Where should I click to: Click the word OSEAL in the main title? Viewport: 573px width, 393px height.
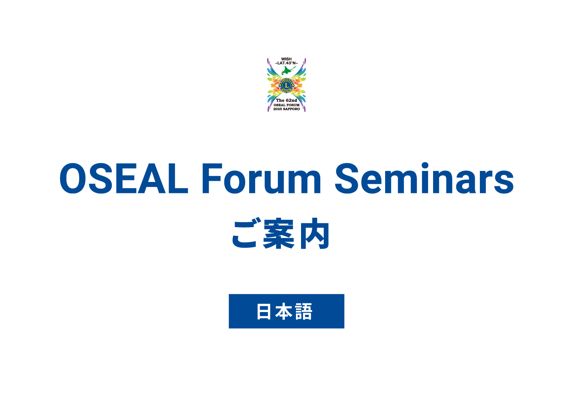[x=124, y=178]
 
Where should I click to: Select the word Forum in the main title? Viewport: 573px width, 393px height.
[x=261, y=178]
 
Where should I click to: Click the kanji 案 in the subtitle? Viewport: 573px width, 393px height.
[x=279, y=233]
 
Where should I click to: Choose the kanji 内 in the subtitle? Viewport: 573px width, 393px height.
[x=315, y=233]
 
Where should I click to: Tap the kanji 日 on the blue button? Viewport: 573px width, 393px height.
[x=264, y=311]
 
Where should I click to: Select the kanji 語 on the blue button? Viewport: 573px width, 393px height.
[x=304, y=311]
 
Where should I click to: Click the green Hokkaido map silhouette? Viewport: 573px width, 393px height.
[x=288, y=70]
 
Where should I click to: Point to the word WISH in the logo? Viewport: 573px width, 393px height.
[x=286, y=59]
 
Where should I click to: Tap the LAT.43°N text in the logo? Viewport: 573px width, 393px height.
[x=286, y=63]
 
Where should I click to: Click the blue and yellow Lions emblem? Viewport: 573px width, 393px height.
[x=286, y=85]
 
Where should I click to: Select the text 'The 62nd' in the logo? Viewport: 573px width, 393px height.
[x=286, y=100]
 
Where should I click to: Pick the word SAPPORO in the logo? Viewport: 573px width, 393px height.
[x=291, y=109]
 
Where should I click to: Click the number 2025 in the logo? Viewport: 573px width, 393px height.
[x=277, y=109]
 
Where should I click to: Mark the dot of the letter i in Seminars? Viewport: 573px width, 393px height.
[x=425, y=165]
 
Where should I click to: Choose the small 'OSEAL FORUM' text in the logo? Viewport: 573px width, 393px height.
[x=286, y=105]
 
